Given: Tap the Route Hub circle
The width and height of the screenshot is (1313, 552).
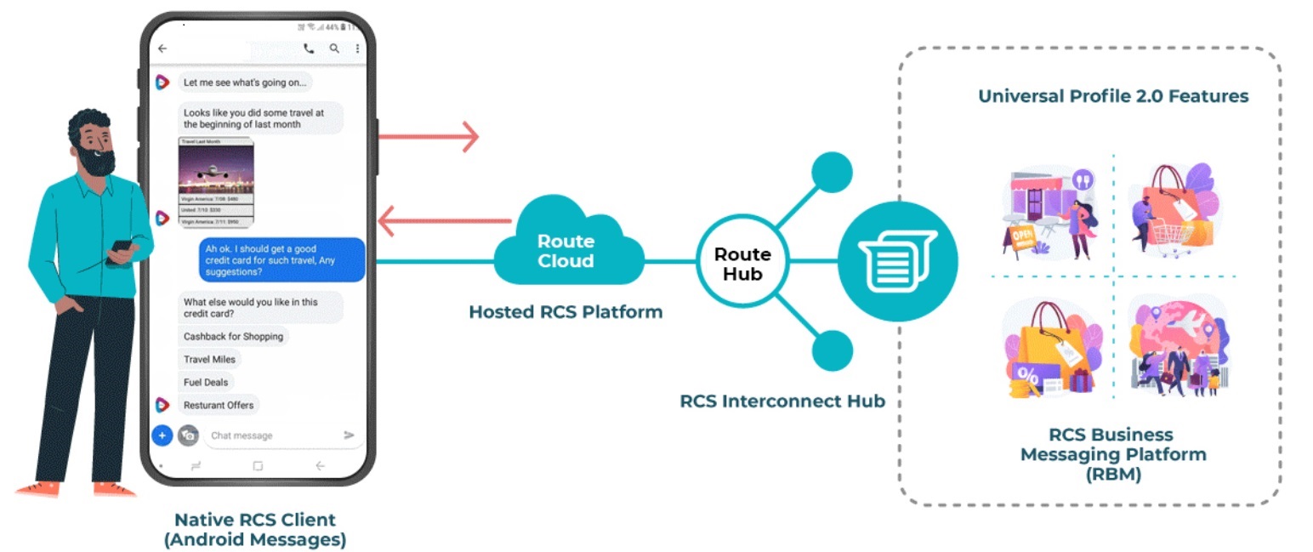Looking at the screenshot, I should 742,263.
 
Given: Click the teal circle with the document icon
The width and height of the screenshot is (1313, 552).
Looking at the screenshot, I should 897,261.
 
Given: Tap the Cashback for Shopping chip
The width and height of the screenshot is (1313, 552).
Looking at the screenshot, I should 233,337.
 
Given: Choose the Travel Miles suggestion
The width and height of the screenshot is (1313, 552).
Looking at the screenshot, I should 209,360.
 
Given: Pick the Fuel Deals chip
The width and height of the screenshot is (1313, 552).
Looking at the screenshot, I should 206,383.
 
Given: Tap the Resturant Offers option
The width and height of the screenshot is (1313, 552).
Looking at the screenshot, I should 219,406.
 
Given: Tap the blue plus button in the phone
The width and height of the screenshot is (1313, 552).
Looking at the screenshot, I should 162,435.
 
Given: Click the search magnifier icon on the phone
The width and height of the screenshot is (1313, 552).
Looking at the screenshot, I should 334,49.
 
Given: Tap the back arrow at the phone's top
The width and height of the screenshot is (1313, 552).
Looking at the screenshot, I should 162,49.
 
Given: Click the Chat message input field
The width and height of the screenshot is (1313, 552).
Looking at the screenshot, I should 272,435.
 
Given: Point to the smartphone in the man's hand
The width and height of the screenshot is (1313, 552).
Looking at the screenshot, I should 122,248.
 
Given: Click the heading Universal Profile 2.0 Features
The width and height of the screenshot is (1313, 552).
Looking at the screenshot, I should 1112,95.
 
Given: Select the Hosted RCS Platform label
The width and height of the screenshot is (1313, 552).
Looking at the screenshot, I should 566,312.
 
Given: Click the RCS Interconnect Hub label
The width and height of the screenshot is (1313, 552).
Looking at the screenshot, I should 782,401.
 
